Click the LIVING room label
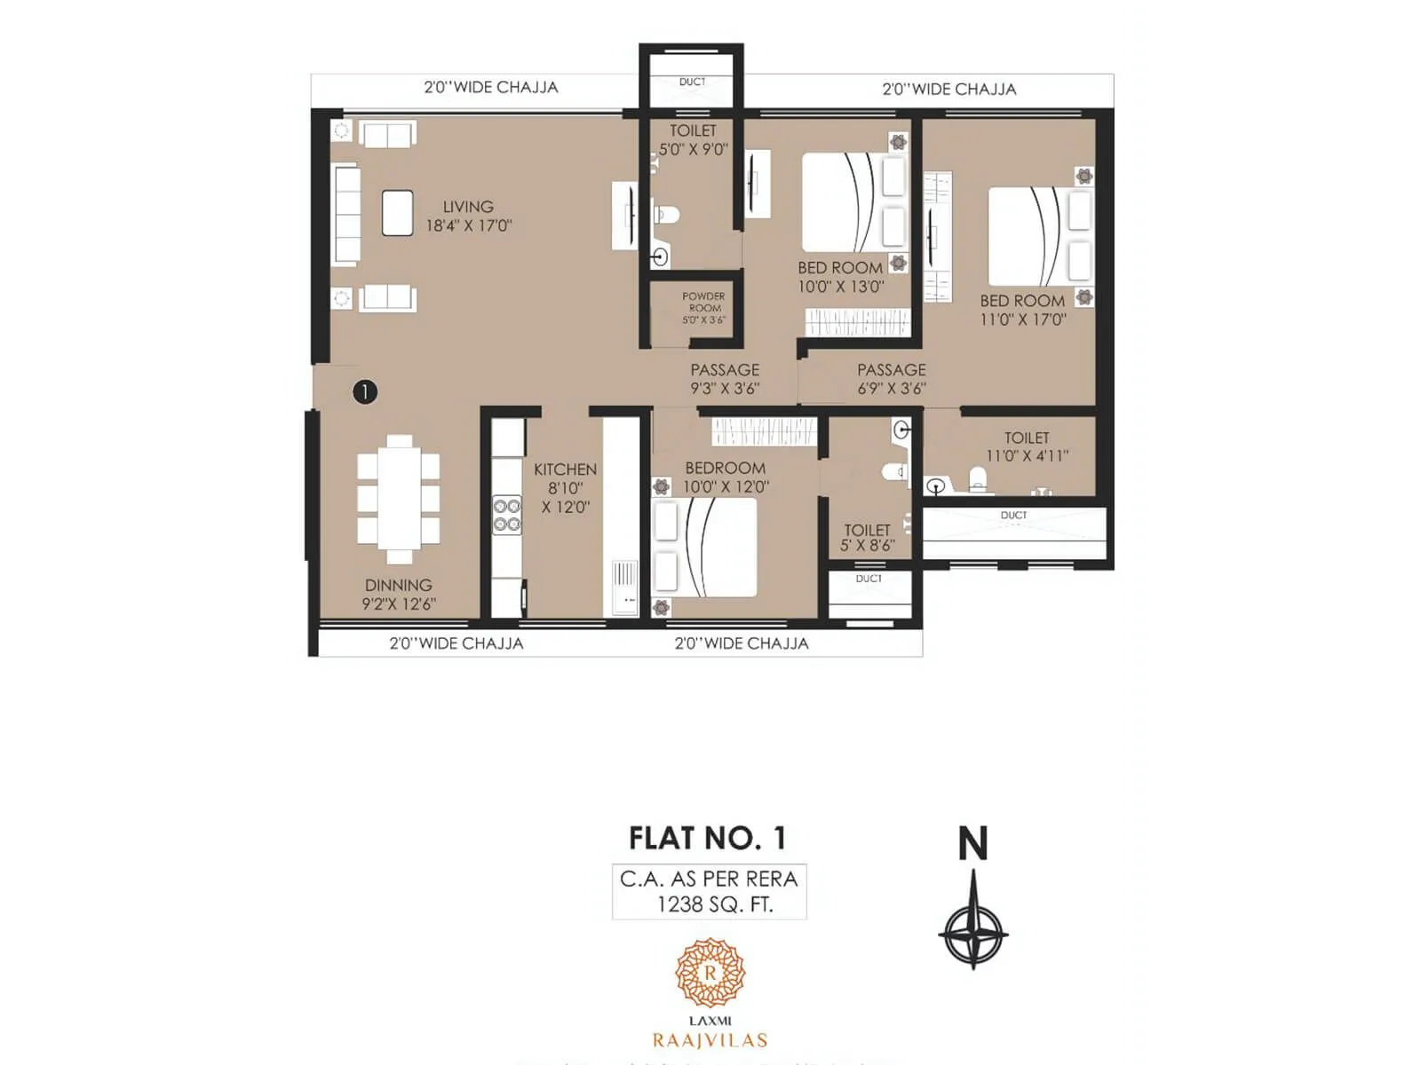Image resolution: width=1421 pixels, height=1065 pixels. coord(468,206)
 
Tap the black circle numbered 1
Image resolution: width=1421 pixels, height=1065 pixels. coord(365,391)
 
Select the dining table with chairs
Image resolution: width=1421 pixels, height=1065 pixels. coord(399,499)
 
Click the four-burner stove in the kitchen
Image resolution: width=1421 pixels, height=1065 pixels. coord(507,515)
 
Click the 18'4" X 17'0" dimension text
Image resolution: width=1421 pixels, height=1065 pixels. coord(468,225)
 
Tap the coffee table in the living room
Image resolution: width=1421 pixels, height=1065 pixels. coord(397,213)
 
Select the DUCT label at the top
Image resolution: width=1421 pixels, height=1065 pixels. coord(692,82)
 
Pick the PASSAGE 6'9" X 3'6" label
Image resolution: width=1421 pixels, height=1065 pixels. coord(891,379)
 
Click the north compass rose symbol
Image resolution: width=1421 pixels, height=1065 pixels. coord(973,932)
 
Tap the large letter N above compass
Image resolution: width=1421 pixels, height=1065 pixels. coord(972,843)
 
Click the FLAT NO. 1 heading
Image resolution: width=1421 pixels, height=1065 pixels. coord(707,838)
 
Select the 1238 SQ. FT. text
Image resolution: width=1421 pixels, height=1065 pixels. coord(714,904)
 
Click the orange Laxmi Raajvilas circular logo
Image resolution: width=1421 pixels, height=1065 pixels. coord(710,973)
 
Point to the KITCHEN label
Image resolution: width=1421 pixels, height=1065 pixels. coord(565,469)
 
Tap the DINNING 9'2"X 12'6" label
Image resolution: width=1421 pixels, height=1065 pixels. coord(398,595)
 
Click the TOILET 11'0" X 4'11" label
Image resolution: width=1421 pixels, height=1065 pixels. coord(1027,446)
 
